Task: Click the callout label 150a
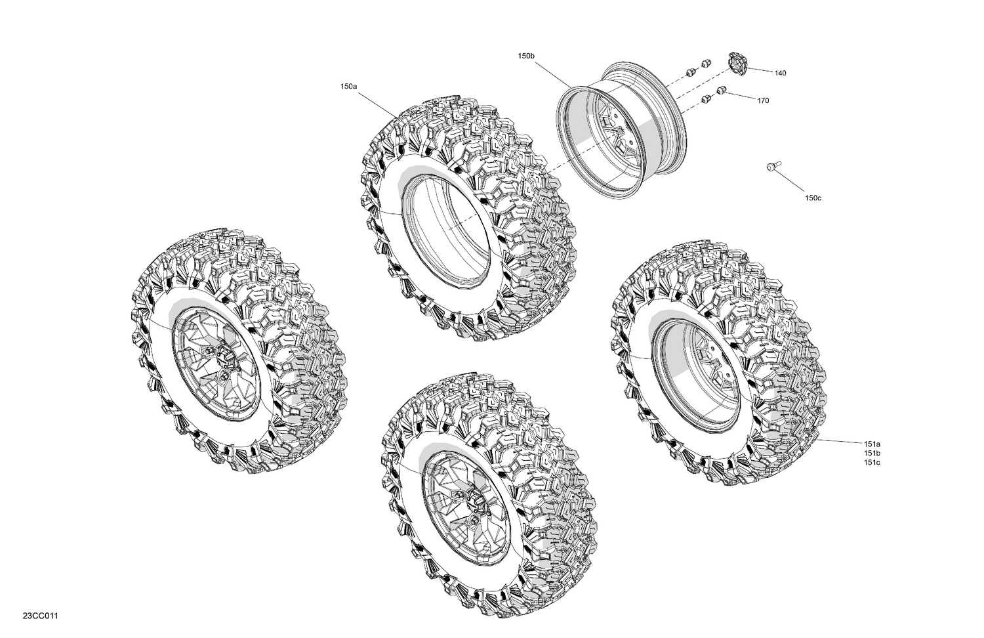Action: tap(348, 87)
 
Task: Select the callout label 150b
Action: tap(526, 57)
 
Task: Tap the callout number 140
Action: tap(779, 74)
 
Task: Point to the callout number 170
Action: tap(763, 101)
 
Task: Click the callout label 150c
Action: tap(813, 198)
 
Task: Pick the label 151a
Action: tap(872, 444)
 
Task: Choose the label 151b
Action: tap(872, 454)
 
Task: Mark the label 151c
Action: tap(872, 463)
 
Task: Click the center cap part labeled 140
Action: tap(737, 64)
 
